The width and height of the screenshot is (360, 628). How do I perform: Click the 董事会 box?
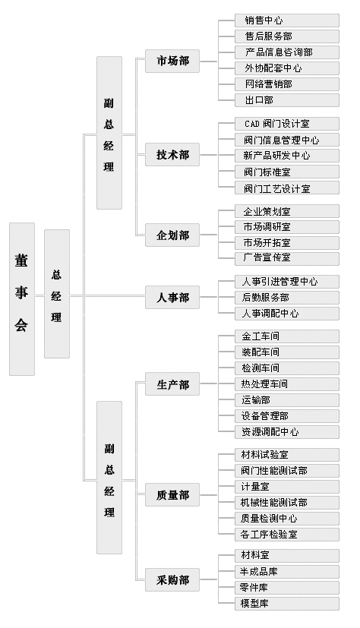[x=22, y=298]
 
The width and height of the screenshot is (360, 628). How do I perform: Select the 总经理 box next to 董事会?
[x=56, y=294]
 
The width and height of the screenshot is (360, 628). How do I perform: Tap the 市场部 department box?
[x=172, y=62]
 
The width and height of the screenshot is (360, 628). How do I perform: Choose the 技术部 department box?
[x=172, y=155]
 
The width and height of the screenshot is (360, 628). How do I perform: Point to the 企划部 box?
[x=172, y=235]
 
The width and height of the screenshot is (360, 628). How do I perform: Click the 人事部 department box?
[x=172, y=297]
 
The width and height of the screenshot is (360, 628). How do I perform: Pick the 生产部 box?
[x=172, y=384]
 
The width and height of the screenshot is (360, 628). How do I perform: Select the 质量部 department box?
[x=172, y=494]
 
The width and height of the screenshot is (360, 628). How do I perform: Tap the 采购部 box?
[x=172, y=579]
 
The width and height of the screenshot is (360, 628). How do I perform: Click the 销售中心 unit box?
[x=287, y=21]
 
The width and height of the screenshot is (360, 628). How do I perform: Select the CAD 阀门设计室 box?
[x=287, y=124]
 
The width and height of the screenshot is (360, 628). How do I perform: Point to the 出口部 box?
[x=287, y=100]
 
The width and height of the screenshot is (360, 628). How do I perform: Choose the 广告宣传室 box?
[x=287, y=258]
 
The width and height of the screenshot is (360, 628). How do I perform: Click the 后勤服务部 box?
[x=287, y=298]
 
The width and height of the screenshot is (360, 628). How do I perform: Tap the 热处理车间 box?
[x=287, y=384]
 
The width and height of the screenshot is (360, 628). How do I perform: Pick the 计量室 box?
[x=287, y=487]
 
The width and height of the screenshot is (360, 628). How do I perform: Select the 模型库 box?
[x=287, y=604]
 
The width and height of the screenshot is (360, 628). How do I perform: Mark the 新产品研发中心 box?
[x=287, y=156]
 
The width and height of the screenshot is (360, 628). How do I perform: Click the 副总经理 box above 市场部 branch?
[x=109, y=133]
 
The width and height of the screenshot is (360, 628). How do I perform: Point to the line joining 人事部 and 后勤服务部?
[x=217, y=297]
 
